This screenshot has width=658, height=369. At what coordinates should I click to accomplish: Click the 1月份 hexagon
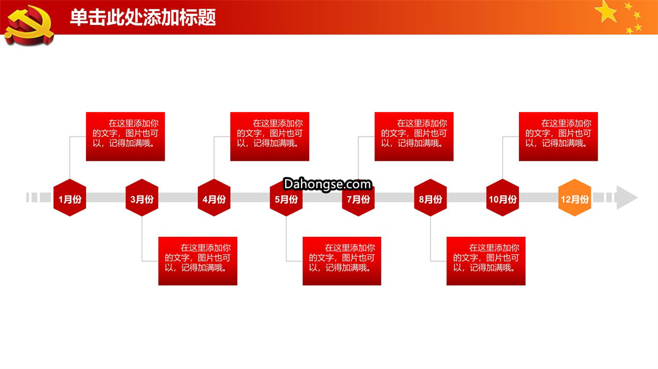click(x=69, y=197)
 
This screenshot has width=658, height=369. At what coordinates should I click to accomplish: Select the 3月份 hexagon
click(x=142, y=197)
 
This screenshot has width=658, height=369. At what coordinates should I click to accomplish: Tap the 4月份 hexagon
click(x=214, y=197)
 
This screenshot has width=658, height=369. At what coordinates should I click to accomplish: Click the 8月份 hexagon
click(x=431, y=197)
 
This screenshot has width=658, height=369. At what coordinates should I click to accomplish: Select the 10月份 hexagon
click(x=503, y=197)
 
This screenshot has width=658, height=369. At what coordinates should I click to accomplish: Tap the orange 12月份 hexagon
click(x=575, y=197)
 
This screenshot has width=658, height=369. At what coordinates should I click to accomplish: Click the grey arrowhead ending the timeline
click(x=627, y=197)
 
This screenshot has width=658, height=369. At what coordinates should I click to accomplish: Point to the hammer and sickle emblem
click(x=29, y=24)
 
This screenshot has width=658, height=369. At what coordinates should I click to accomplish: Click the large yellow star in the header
click(x=606, y=12)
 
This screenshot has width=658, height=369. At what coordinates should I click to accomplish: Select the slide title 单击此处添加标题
click(x=143, y=18)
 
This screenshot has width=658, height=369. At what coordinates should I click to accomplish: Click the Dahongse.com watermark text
click(x=327, y=184)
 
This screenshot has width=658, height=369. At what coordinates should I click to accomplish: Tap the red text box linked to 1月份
click(x=126, y=136)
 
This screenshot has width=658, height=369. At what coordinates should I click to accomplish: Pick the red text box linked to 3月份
click(x=197, y=261)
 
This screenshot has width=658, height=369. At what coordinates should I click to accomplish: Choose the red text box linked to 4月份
click(x=270, y=136)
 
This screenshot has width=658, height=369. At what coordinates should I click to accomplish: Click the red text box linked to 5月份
click(x=342, y=261)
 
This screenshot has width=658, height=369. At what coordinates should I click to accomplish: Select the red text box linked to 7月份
click(x=414, y=136)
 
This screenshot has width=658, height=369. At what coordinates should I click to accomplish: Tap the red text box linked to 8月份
click(x=486, y=261)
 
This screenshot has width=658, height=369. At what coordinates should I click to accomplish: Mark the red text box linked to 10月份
click(x=559, y=136)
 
